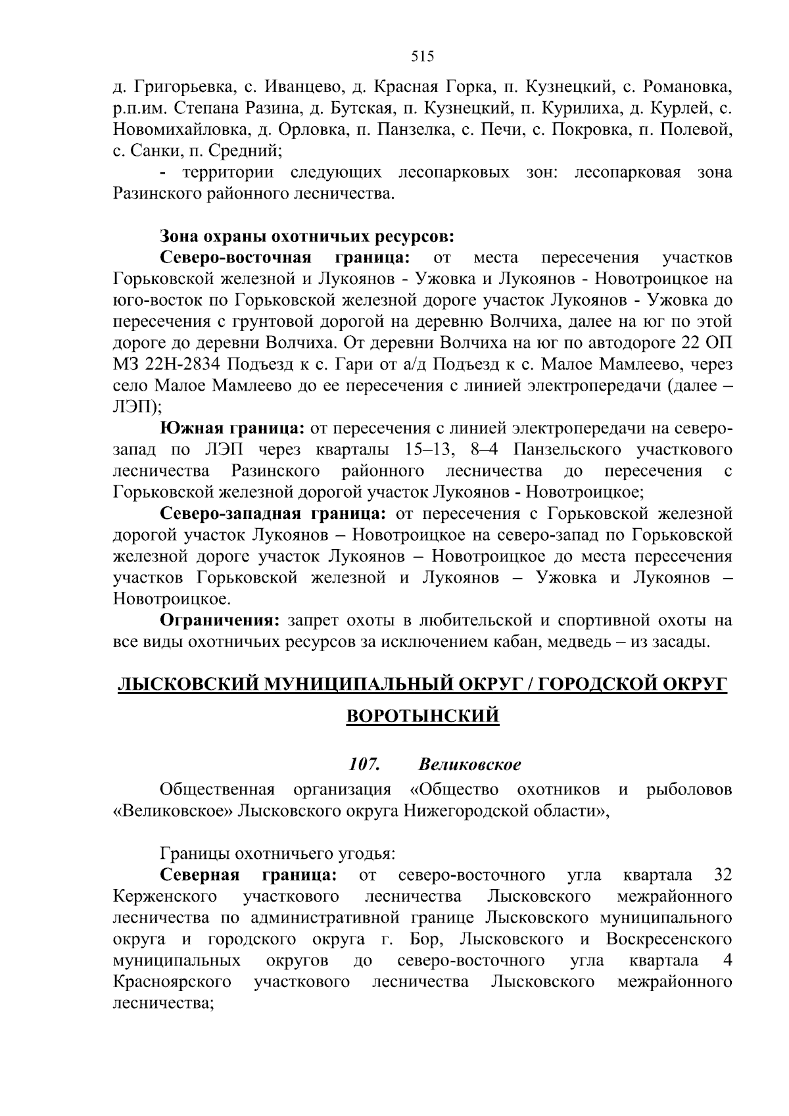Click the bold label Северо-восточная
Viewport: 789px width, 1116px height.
point(235,257)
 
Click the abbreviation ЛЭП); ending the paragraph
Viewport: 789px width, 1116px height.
point(132,407)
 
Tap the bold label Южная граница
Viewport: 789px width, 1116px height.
point(232,429)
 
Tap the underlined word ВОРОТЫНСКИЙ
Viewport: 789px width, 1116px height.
point(422,716)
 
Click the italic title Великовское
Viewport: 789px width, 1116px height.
point(469,765)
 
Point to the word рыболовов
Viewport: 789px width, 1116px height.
point(689,789)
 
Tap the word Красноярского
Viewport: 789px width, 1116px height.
point(172,982)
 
